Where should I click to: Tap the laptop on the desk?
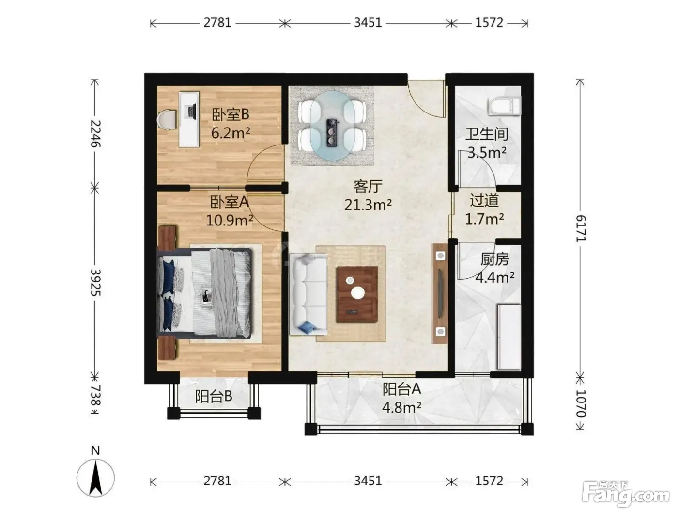tap(190, 111)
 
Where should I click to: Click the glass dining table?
tap(332, 125)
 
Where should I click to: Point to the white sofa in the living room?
tap(308, 294)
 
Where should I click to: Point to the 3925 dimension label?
tap(95, 282)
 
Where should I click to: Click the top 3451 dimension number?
tap(368, 23)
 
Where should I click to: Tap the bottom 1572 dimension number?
tap(489, 481)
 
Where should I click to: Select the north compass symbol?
tap(96, 473)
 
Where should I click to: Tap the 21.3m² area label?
tap(368, 205)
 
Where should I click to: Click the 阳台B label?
tap(213, 396)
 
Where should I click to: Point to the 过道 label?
tap(484, 200)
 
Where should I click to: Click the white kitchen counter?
tap(509, 337)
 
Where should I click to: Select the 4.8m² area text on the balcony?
tap(401, 408)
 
